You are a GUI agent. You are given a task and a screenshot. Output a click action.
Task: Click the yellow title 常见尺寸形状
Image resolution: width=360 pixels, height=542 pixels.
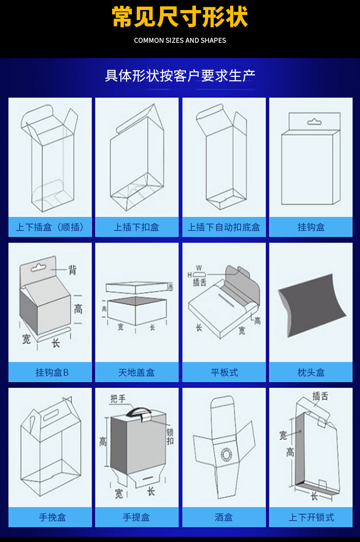click(180, 18)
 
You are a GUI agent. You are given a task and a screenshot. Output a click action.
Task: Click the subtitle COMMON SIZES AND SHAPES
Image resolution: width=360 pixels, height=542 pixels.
click(180, 41)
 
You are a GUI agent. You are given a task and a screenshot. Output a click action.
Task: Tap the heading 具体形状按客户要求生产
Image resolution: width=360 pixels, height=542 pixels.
click(180, 75)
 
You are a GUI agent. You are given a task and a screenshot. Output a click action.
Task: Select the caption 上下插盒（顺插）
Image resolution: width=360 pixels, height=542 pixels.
click(50, 227)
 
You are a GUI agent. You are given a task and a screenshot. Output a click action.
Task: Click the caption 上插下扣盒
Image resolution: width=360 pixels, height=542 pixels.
click(137, 227)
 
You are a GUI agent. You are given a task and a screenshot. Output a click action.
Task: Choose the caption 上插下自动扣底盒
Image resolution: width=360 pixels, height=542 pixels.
click(224, 227)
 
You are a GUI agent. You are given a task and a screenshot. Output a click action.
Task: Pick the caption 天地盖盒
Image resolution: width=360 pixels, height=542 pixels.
click(137, 372)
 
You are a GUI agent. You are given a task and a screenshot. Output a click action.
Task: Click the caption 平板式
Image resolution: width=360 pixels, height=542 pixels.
click(224, 372)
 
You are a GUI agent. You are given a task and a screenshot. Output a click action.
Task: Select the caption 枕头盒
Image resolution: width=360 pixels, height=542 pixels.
click(311, 372)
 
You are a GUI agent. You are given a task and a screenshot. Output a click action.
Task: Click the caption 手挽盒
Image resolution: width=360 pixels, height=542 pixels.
click(52, 517)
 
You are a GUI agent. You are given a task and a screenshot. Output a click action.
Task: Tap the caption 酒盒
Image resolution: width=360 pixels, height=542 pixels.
click(224, 517)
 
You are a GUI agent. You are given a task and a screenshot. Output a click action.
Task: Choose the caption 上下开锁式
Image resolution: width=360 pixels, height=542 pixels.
click(311, 517)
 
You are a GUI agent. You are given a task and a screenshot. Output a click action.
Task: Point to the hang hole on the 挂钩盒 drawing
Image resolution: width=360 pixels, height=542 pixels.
click(314, 122)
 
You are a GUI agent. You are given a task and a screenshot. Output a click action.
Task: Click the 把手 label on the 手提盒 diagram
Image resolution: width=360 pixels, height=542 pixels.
click(118, 399)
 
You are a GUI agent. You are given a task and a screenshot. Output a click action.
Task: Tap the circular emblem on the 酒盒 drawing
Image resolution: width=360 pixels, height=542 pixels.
click(225, 454)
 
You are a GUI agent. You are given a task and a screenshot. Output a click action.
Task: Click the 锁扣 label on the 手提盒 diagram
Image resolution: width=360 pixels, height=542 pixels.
click(170, 436)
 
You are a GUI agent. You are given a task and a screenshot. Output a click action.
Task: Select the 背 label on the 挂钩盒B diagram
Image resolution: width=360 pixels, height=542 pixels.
click(72, 270)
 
